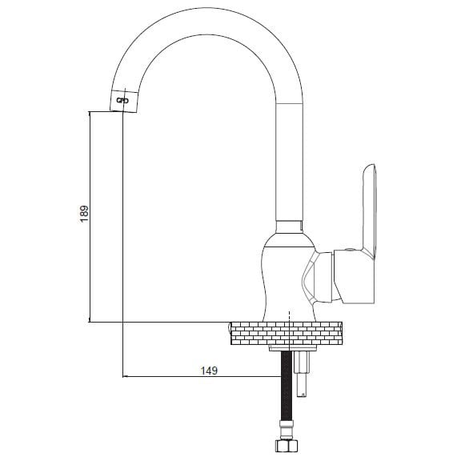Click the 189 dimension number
[x=84, y=214]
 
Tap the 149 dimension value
[x=209, y=371]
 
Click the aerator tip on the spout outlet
[x=124, y=101]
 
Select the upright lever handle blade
[x=370, y=211]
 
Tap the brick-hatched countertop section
[x=287, y=333]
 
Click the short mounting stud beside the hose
[x=302, y=374]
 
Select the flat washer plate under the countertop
[x=293, y=348]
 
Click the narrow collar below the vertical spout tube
[x=289, y=227]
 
